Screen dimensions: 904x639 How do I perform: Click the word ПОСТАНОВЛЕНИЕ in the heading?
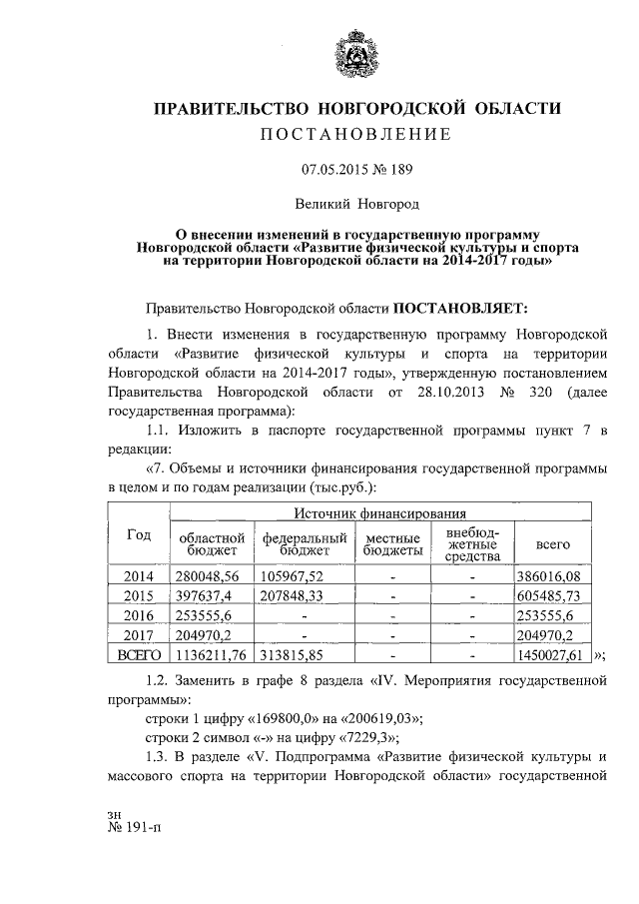356,134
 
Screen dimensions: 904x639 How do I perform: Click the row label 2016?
139,614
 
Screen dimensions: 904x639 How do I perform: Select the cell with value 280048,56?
213,576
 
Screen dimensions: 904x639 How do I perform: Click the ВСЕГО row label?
139,654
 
